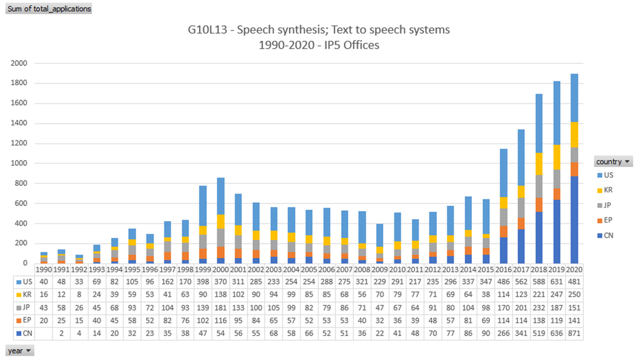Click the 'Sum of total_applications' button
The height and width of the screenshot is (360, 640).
coord(49,9)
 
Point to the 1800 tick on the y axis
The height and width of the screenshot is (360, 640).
coord(19,83)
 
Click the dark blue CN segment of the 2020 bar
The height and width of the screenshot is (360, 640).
coord(574,220)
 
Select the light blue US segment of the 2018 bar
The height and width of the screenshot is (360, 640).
coord(539,123)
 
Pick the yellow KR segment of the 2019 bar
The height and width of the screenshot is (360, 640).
coord(556,157)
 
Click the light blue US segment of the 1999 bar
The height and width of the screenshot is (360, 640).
coord(203,206)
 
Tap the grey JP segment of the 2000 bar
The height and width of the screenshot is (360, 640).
coord(220,238)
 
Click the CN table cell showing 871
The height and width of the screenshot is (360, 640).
coord(574,333)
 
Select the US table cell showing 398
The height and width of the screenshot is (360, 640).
coord(203,282)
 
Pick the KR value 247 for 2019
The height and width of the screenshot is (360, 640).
coord(556,295)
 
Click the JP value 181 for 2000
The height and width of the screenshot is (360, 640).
coord(220,308)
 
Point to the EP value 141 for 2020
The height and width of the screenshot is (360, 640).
coord(574,321)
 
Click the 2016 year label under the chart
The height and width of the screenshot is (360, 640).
coord(503,270)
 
